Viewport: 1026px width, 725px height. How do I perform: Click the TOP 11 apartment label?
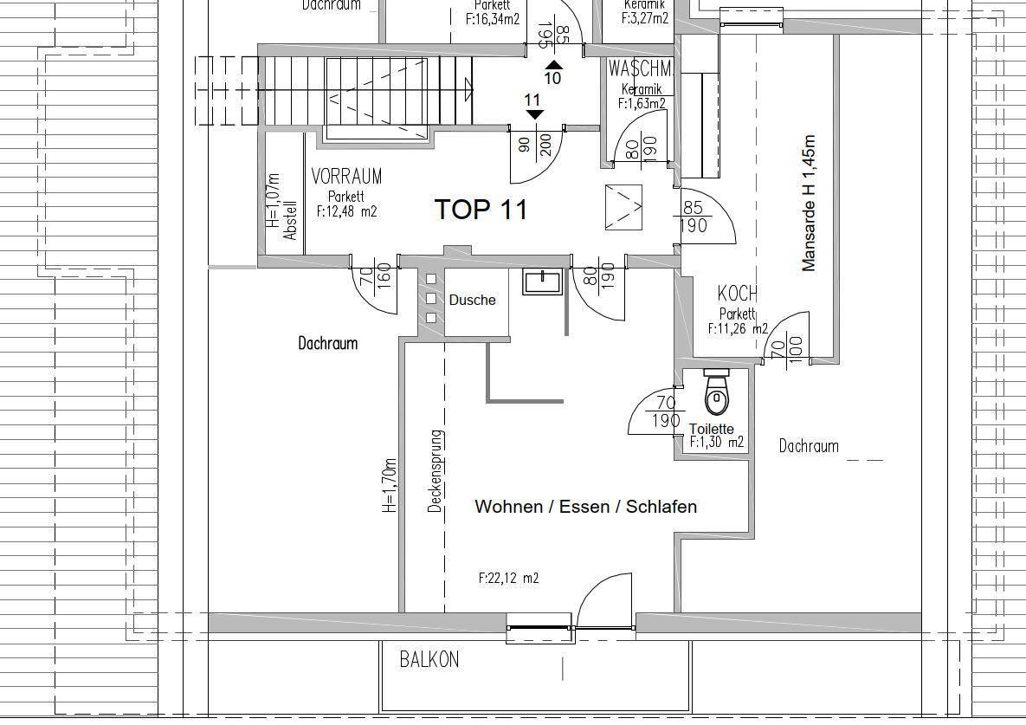click(x=481, y=210)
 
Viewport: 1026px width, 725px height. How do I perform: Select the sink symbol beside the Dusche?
click(x=542, y=282)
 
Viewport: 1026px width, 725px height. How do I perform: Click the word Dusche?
click(x=472, y=300)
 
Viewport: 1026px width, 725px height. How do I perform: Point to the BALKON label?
click(x=429, y=660)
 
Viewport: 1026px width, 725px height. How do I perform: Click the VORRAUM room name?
click(x=346, y=177)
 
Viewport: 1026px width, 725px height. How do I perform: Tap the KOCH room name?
click(x=738, y=294)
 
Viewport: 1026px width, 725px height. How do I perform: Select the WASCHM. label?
click(x=641, y=68)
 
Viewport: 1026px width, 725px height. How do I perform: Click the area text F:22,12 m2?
click(x=508, y=578)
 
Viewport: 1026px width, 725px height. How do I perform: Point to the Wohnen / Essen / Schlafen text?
click(x=585, y=507)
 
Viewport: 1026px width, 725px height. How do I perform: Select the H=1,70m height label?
click(x=390, y=486)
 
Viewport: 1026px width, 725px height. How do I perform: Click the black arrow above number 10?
click(x=553, y=64)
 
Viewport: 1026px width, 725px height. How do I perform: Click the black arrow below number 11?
click(x=534, y=113)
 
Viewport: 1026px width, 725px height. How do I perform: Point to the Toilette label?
click(x=711, y=429)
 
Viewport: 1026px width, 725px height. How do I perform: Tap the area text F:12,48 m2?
click(x=346, y=210)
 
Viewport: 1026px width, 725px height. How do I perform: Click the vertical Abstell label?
click(x=291, y=221)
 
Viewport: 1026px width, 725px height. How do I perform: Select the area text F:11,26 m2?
click(x=738, y=328)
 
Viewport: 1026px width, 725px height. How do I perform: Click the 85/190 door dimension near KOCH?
click(x=694, y=217)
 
